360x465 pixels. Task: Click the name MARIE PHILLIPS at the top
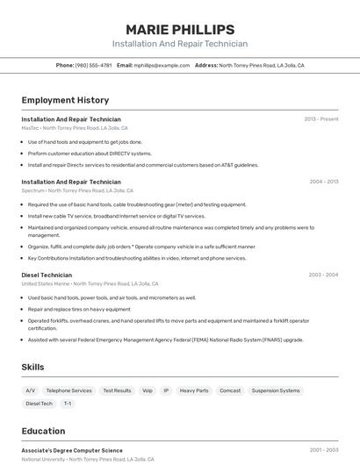(x=180, y=30)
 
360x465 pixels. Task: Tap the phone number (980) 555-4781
(x=93, y=65)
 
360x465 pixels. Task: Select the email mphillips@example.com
(x=162, y=65)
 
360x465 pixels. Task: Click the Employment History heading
(x=65, y=100)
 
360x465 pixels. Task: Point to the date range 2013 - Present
(x=321, y=118)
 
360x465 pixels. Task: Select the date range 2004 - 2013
(x=323, y=182)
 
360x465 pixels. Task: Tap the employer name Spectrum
(x=32, y=190)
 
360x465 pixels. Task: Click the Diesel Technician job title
(x=47, y=275)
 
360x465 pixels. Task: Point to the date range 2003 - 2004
(x=323, y=275)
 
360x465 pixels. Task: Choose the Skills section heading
(x=33, y=367)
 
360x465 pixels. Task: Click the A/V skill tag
(x=31, y=390)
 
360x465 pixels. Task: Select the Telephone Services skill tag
(x=68, y=390)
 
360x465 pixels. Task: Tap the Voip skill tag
(x=147, y=390)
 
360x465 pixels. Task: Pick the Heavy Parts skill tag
(x=194, y=390)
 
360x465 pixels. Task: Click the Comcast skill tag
(x=230, y=390)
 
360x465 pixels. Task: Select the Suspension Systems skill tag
(x=276, y=390)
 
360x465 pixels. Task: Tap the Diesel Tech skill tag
(x=39, y=404)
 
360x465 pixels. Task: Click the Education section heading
(x=43, y=431)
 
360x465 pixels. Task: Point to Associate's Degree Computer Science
(x=72, y=450)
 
